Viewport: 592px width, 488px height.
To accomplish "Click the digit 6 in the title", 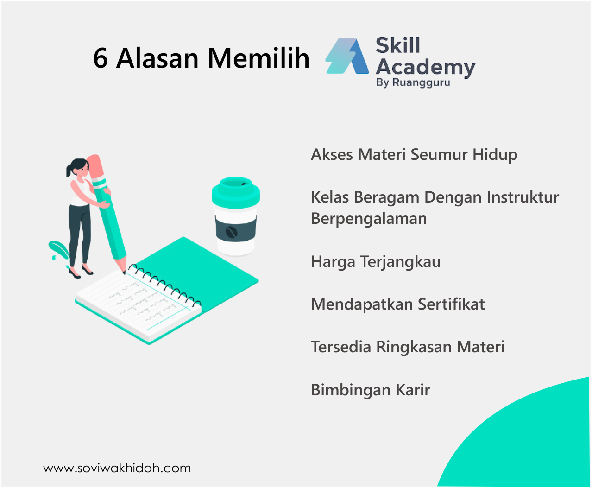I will point(101,58).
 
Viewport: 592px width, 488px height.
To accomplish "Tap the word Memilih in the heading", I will point(258,58).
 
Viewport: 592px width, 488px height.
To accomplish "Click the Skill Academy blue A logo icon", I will point(347,56).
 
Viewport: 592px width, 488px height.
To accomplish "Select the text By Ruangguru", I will point(413,83).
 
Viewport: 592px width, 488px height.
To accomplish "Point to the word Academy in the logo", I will point(425,67).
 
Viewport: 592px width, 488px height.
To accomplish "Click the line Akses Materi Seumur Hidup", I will point(414,154).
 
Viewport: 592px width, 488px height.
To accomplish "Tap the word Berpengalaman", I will point(369,218).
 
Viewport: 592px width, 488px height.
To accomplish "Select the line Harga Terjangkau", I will point(376,261).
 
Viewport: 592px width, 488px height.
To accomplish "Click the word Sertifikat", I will point(451,304).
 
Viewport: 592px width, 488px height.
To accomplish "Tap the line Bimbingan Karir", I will point(371,390).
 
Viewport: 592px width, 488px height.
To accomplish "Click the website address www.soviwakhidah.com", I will point(117,468).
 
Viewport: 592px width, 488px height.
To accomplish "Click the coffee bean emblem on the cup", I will point(231,232).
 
